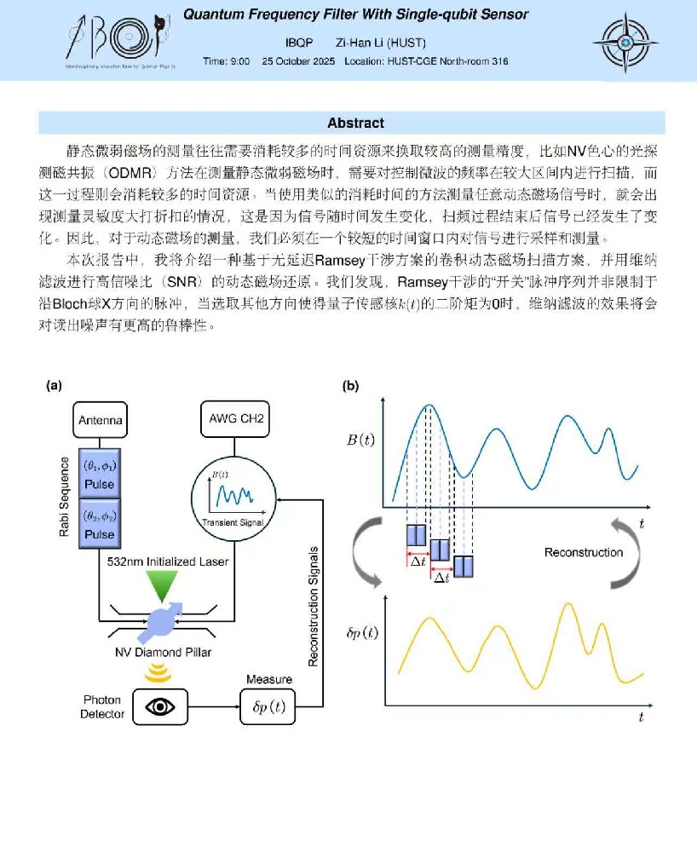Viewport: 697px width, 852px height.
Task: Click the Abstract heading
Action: point(355,123)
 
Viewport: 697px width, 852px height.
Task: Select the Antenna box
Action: point(101,420)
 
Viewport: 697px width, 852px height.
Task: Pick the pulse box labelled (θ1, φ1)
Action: point(101,475)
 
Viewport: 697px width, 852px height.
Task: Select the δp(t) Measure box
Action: point(268,705)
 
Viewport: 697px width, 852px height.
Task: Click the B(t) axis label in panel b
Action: point(360,440)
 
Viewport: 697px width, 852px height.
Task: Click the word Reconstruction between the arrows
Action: point(584,552)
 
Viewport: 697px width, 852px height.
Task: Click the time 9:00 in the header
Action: point(227,61)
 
